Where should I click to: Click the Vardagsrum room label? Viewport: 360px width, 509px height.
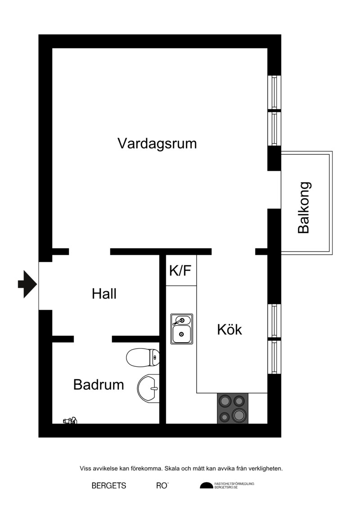[x=157, y=143]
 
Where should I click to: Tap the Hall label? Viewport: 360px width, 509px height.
[x=104, y=293]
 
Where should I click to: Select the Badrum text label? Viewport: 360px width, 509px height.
[x=99, y=385]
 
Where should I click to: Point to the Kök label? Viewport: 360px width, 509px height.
[x=229, y=329]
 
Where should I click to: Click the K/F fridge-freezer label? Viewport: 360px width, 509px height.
[x=180, y=270]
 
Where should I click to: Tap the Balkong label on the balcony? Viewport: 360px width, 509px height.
[x=304, y=208]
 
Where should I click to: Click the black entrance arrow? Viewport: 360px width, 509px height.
[x=27, y=284]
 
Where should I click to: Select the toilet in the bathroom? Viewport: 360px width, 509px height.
[x=143, y=357]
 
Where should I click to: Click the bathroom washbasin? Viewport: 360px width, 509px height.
[x=148, y=388]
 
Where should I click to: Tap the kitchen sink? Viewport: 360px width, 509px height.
[x=182, y=329]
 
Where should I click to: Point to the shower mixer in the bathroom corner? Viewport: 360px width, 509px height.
[x=70, y=420]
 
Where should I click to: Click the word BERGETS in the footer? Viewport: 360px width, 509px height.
[x=109, y=486]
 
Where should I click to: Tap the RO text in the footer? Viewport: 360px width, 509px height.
[x=162, y=486]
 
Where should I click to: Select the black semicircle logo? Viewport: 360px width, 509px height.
[x=207, y=486]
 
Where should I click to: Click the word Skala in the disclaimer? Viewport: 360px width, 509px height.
[x=173, y=468]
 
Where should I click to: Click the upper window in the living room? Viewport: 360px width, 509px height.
[x=274, y=91]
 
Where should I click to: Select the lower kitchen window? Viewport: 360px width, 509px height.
[x=274, y=357]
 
